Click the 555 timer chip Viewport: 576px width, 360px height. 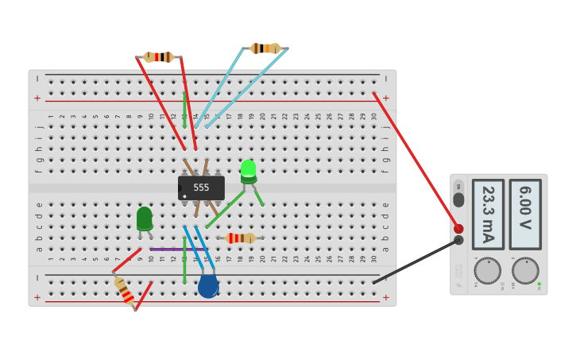201,188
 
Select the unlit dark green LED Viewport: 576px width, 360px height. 144,218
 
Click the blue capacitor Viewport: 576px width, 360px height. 208,286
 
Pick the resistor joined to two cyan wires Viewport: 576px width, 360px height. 265,48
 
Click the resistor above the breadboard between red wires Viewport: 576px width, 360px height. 159,57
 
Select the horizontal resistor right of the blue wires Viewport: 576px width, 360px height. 240,238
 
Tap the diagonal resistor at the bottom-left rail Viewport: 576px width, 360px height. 124,291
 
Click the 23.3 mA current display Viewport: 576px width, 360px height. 488,214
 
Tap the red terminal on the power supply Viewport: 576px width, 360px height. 458,229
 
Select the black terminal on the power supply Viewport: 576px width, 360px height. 458,240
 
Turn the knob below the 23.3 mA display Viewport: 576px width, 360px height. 487,270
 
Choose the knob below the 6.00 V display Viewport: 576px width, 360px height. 525,270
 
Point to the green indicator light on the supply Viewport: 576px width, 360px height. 539,284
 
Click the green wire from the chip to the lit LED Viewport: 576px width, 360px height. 226,209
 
